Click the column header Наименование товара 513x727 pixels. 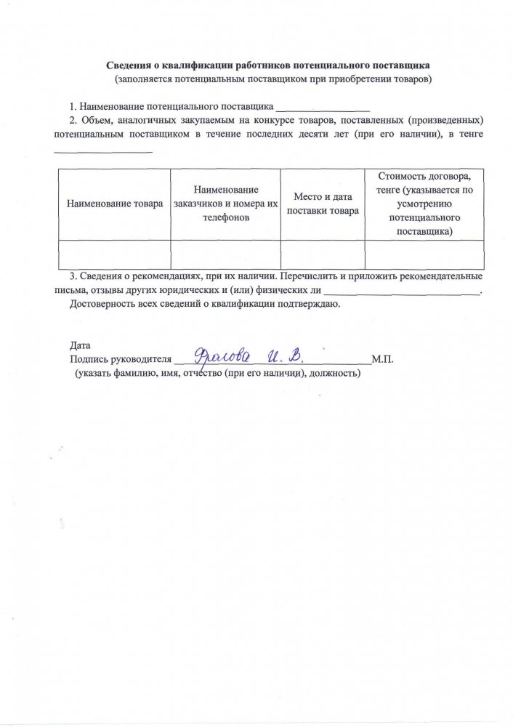[x=115, y=204]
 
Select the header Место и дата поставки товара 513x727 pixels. [x=323, y=204]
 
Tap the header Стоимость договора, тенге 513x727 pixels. [x=424, y=183]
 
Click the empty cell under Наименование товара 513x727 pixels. [x=113, y=254]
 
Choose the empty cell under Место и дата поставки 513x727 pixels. [x=323, y=254]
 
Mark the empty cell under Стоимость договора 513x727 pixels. [x=424, y=254]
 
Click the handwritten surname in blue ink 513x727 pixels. [x=221, y=357]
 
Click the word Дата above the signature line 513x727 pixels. [x=80, y=345]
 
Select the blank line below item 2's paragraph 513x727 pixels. [x=104, y=151]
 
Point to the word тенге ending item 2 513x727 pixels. [x=472, y=135]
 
